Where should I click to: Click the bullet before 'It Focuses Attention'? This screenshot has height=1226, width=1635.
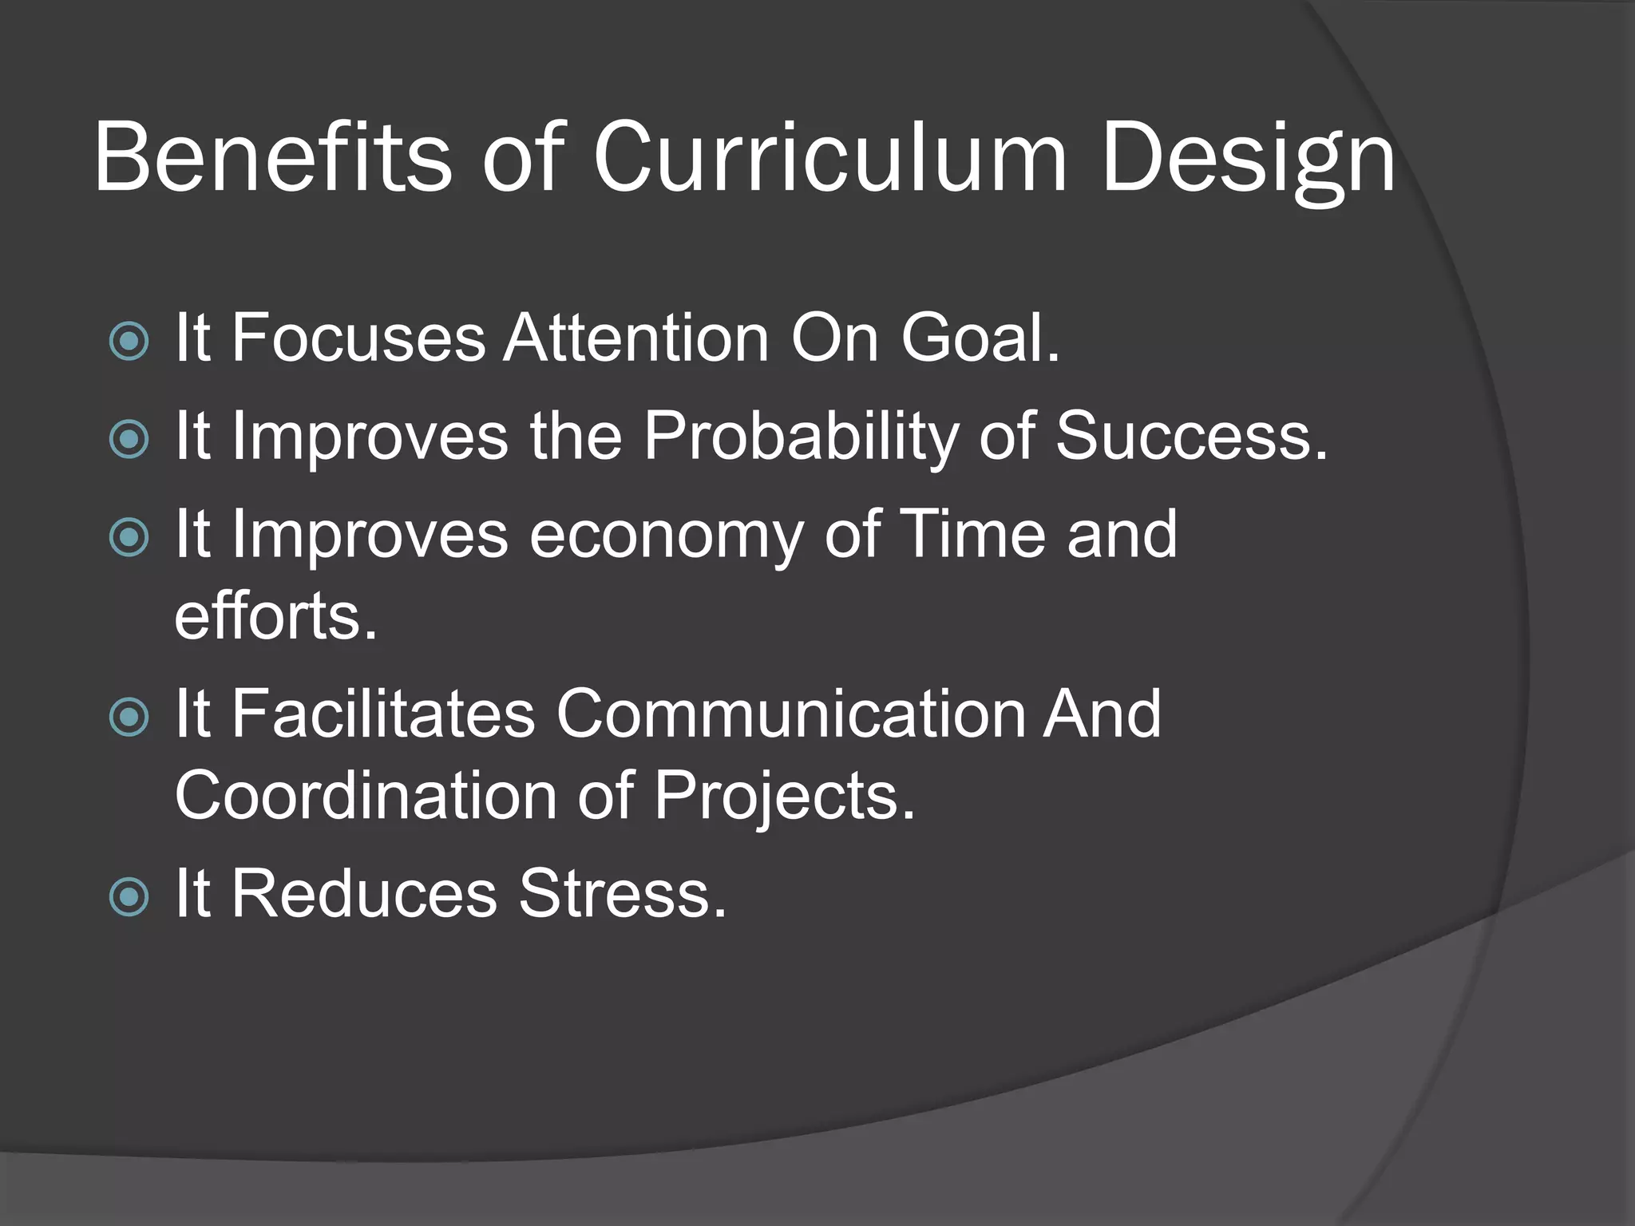[x=129, y=341]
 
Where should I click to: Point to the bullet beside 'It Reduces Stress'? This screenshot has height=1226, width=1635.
[x=129, y=896]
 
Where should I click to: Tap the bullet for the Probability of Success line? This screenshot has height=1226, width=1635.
[x=129, y=439]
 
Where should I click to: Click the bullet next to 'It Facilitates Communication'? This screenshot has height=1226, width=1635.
[x=129, y=717]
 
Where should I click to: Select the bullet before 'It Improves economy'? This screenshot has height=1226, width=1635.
[x=129, y=537]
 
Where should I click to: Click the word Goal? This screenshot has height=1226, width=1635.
[x=980, y=338]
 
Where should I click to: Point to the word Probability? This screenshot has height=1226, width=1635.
[x=801, y=437]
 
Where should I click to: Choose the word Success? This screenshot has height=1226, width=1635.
[x=1191, y=437]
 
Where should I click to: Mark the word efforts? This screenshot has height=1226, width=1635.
[x=275, y=616]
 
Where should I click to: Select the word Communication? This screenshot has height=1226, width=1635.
[x=790, y=714]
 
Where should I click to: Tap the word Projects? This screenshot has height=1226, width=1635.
[x=784, y=797]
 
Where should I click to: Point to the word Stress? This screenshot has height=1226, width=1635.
[x=622, y=894]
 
